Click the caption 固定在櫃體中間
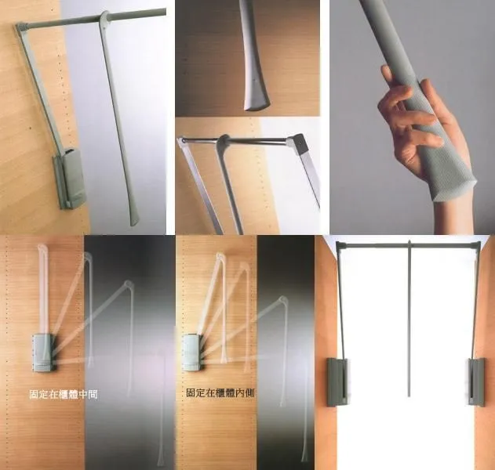coord(63,394)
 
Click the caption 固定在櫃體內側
coord(220,392)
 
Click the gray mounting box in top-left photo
coord(70,179)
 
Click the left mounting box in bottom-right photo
coord(337,381)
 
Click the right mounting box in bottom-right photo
coord(477,381)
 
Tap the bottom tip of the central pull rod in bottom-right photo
coord(409,396)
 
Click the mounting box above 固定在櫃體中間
coord(42,353)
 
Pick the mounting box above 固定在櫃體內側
coord(192,352)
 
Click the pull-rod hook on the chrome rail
coord(224,141)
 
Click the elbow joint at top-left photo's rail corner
coord(21,27)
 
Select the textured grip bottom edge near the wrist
coord(454,191)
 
